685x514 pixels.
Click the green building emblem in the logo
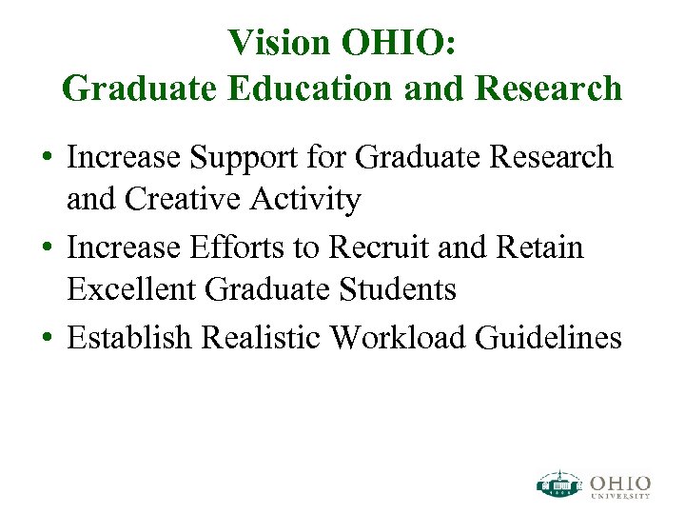(x=559, y=484)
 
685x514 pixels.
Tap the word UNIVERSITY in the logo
(x=619, y=495)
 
